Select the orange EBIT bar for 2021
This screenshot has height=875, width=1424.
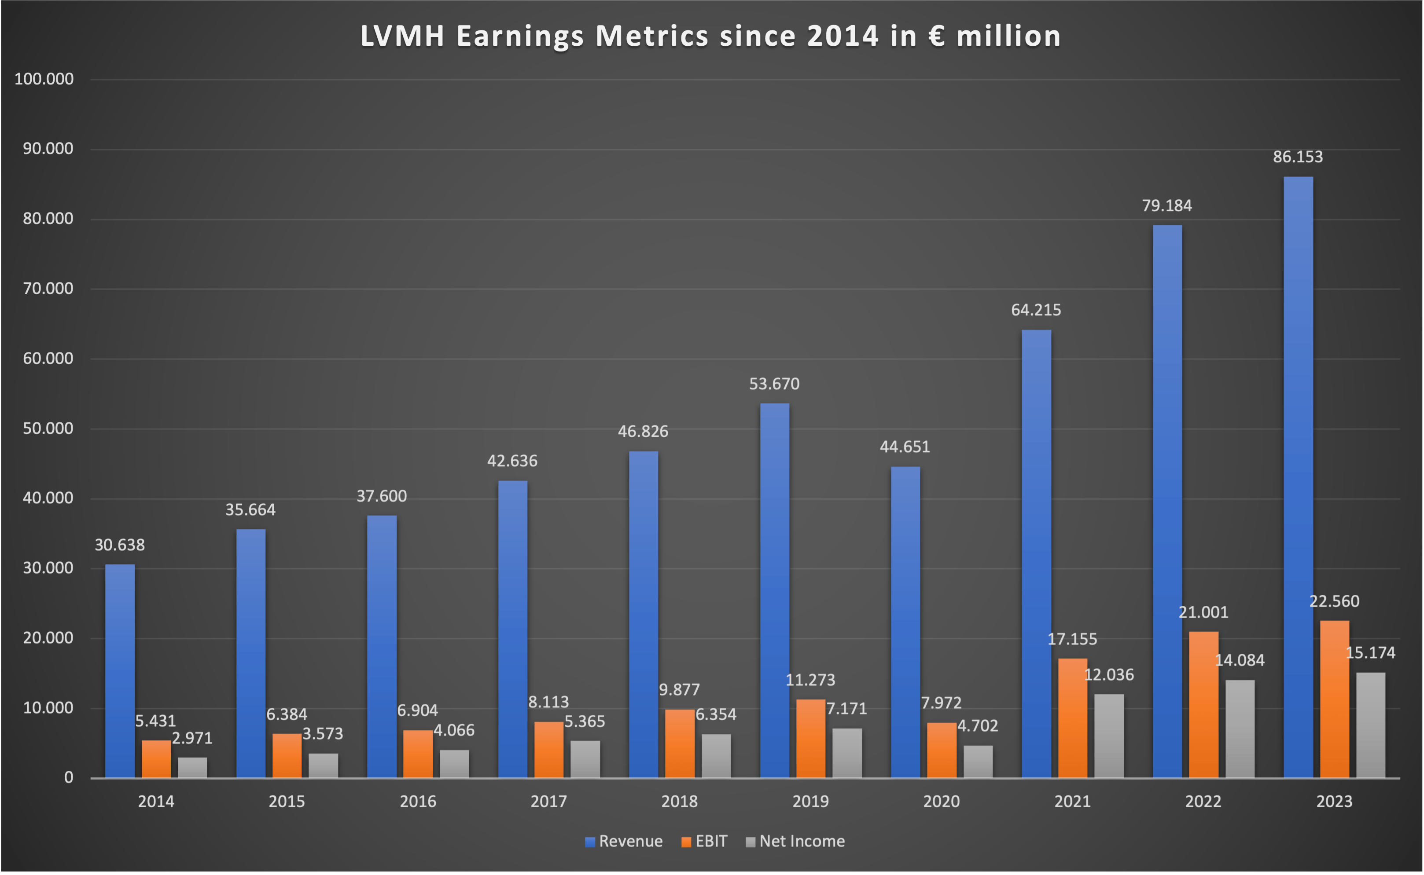tap(1072, 718)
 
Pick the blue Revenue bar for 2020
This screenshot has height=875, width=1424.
tap(905, 622)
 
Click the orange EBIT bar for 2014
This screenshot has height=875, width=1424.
tap(156, 759)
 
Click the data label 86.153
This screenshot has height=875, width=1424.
tap(1298, 157)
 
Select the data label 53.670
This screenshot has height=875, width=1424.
tap(774, 384)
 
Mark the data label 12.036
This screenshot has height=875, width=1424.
tap(1109, 674)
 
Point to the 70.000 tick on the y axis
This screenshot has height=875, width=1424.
tap(48, 288)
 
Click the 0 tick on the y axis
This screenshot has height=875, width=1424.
tap(68, 777)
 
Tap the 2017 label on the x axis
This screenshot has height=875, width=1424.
tap(548, 802)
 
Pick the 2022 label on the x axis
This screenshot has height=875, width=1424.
tap(1203, 802)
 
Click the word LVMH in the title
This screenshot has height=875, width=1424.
tap(402, 36)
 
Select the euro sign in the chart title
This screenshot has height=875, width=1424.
tap(936, 36)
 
